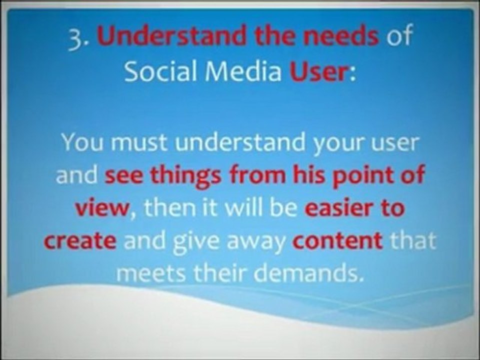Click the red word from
(257, 175)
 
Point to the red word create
(80, 241)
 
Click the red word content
(337, 240)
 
